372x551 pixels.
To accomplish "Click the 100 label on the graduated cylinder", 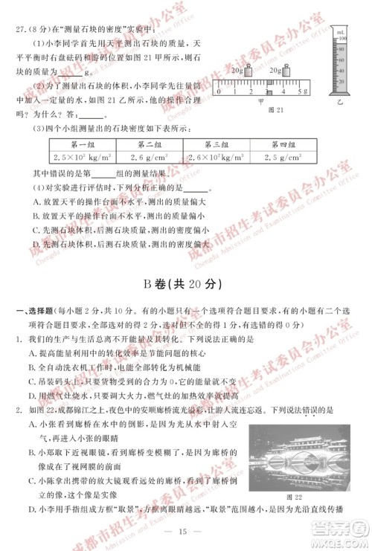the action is click(x=342, y=37).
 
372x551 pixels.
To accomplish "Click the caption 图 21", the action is click(x=275, y=112).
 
